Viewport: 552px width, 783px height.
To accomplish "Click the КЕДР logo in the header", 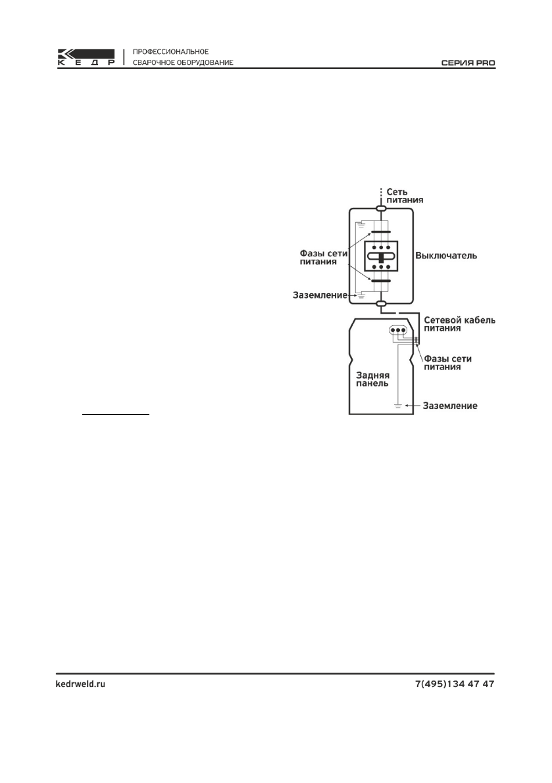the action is pyautogui.click(x=86, y=58).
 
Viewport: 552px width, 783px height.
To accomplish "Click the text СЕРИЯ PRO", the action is pyautogui.click(x=468, y=64).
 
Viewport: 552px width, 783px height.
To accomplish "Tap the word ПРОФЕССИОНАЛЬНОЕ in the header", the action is pyautogui.click(x=171, y=51).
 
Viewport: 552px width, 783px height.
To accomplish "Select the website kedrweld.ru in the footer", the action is pyautogui.click(x=79, y=684).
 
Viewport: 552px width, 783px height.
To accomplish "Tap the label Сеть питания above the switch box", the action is pyautogui.click(x=404, y=195).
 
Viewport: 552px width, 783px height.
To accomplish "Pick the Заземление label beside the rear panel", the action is pyautogui.click(x=449, y=406).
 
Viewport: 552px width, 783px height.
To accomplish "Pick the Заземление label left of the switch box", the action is pyautogui.click(x=320, y=296).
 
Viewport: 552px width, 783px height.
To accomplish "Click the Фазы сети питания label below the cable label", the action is pyautogui.click(x=448, y=363).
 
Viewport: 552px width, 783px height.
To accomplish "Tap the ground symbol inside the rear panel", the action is pyautogui.click(x=398, y=406).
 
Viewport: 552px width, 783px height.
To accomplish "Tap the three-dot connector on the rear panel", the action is pyautogui.click(x=397, y=330).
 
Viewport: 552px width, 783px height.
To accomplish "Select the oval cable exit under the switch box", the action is pyautogui.click(x=381, y=303).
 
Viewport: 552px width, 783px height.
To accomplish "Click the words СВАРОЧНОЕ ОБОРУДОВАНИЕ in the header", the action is pyautogui.click(x=182, y=64).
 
